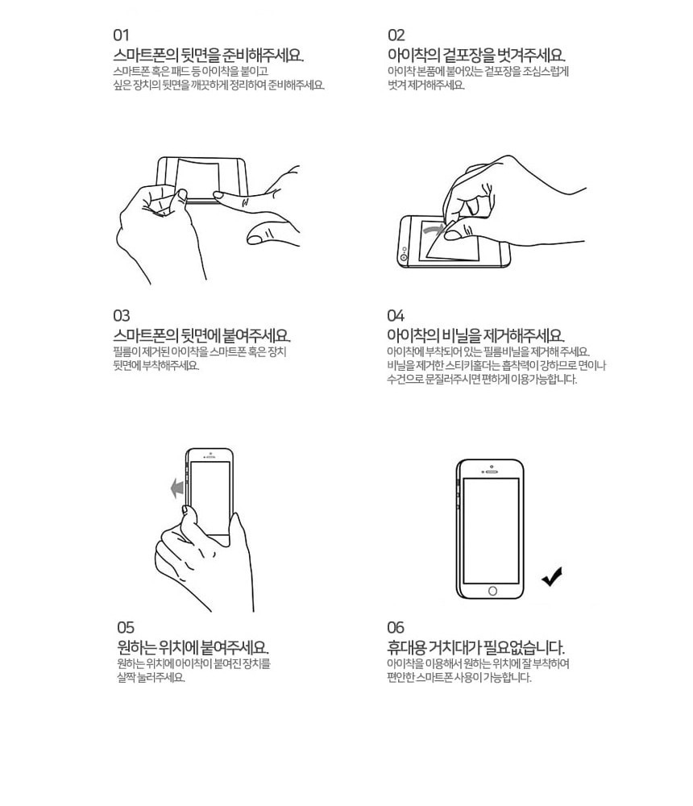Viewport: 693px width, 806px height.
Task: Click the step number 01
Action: (x=121, y=35)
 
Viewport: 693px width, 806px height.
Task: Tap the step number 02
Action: (x=396, y=35)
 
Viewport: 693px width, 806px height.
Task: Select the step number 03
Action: (x=122, y=316)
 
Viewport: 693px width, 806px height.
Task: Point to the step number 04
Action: (x=396, y=316)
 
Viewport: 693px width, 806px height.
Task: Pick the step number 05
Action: (x=126, y=628)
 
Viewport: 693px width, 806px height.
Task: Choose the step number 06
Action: (x=396, y=628)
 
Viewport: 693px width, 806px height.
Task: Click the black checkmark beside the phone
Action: (x=552, y=577)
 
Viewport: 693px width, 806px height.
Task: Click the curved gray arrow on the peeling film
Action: (x=434, y=228)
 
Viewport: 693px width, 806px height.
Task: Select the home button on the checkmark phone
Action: (x=492, y=591)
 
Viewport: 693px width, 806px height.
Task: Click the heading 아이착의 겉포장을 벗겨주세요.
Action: (x=476, y=55)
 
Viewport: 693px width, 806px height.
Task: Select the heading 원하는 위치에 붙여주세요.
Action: (x=193, y=647)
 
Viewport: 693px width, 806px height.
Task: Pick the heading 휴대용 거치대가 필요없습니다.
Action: (x=476, y=647)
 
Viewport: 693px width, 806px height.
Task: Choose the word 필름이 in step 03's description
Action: (x=126, y=352)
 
